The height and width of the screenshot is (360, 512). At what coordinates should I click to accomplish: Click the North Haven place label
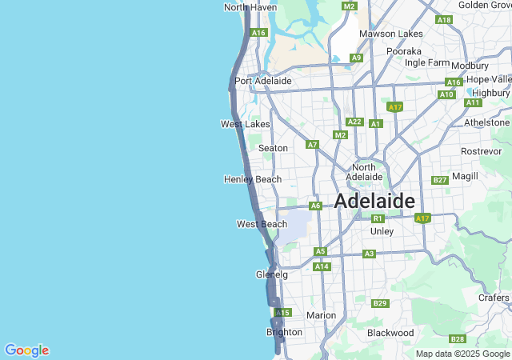[250, 7]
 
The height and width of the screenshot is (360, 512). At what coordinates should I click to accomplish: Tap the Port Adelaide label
[263, 81]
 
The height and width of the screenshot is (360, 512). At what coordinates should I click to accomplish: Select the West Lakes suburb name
[245, 124]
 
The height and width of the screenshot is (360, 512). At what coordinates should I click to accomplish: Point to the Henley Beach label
[253, 179]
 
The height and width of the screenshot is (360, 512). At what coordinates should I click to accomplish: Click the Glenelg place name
[271, 274]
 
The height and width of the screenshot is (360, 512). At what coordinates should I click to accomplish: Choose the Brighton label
[284, 332]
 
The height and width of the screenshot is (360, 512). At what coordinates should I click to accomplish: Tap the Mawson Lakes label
[390, 34]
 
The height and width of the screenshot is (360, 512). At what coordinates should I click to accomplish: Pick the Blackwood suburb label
[390, 332]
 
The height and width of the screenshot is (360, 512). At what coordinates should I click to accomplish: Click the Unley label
[382, 231]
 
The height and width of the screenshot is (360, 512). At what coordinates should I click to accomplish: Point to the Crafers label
[494, 298]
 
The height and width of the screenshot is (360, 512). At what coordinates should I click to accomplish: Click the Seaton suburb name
[273, 148]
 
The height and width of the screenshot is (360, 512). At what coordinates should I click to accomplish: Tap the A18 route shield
[444, 19]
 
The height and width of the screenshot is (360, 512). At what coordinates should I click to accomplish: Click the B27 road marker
[439, 180]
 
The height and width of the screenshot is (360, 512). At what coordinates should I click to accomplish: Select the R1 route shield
[378, 218]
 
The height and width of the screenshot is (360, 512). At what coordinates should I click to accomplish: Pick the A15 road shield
[283, 312]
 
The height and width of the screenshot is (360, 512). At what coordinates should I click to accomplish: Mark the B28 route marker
[458, 338]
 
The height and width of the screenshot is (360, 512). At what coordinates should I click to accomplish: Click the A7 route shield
[313, 145]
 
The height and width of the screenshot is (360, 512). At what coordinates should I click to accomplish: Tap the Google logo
[26, 350]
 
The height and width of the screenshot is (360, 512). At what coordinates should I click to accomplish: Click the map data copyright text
[462, 354]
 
